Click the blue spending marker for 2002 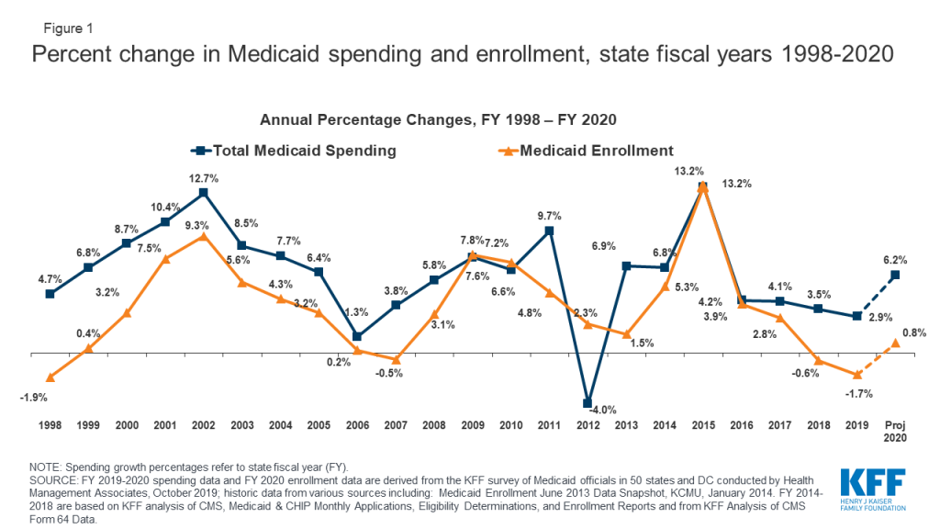[x=203, y=193]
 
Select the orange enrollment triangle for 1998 [x=50, y=377]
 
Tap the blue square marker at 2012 [x=587, y=403]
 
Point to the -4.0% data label [x=603, y=411]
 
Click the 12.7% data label [x=204, y=178]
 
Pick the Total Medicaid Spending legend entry [x=294, y=151]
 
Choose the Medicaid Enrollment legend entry [x=586, y=151]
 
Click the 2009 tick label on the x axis [x=473, y=425]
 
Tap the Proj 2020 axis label [x=895, y=432]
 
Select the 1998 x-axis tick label [x=50, y=425]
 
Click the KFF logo [x=873, y=490]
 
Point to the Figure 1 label [x=68, y=28]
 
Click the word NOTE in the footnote [x=45, y=467]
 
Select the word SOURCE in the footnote [x=52, y=480]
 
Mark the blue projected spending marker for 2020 [x=895, y=276]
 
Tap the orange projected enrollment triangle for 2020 [x=895, y=343]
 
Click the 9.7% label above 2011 [x=549, y=216]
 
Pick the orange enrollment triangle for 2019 [x=856, y=375]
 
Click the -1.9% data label [x=33, y=398]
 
